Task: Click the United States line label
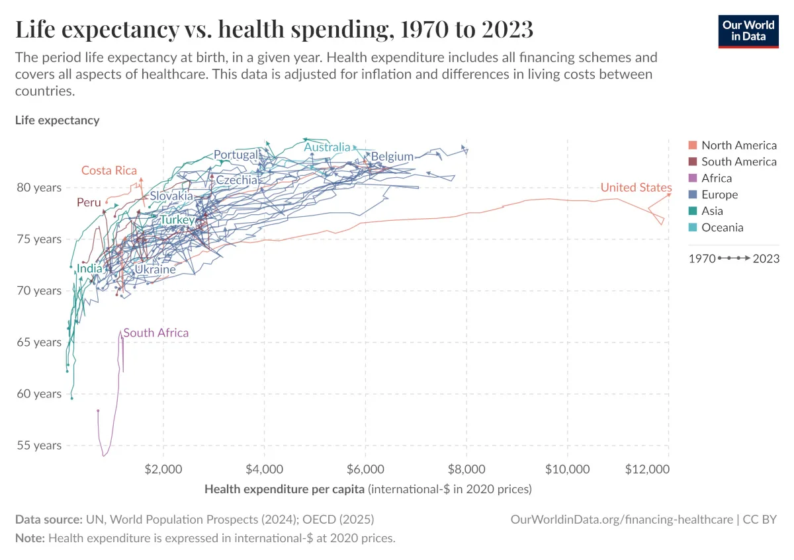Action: pyautogui.click(x=636, y=188)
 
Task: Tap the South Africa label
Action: pyautogui.click(x=156, y=333)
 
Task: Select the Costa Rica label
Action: pyautogui.click(x=109, y=171)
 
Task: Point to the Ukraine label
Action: pyautogui.click(x=155, y=270)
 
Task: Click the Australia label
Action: pyautogui.click(x=327, y=147)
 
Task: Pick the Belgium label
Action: pyautogui.click(x=392, y=157)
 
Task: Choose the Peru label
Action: pyautogui.click(x=89, y=202)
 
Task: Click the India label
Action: pyautogui.click(x=89, y=268)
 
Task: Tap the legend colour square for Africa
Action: pyautogui.click(x=693, y=179)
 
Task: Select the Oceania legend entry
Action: pyautogui.click(x=722, y=227)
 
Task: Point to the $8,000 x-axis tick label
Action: pyautogui.click(x=466, y=469)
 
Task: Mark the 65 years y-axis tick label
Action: pyautogui.click(x=38, y=342)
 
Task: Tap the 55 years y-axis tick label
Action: pyautogui.click(x=38, y=445)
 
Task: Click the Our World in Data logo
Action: pyautogui.click(x=748, y=30)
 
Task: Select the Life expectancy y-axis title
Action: pyautogui.click(x=57, y=120)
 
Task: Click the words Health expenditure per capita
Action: pyautogui.click(x=285, y=489)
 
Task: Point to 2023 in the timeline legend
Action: pyautogui.click(x=766, y=259)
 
